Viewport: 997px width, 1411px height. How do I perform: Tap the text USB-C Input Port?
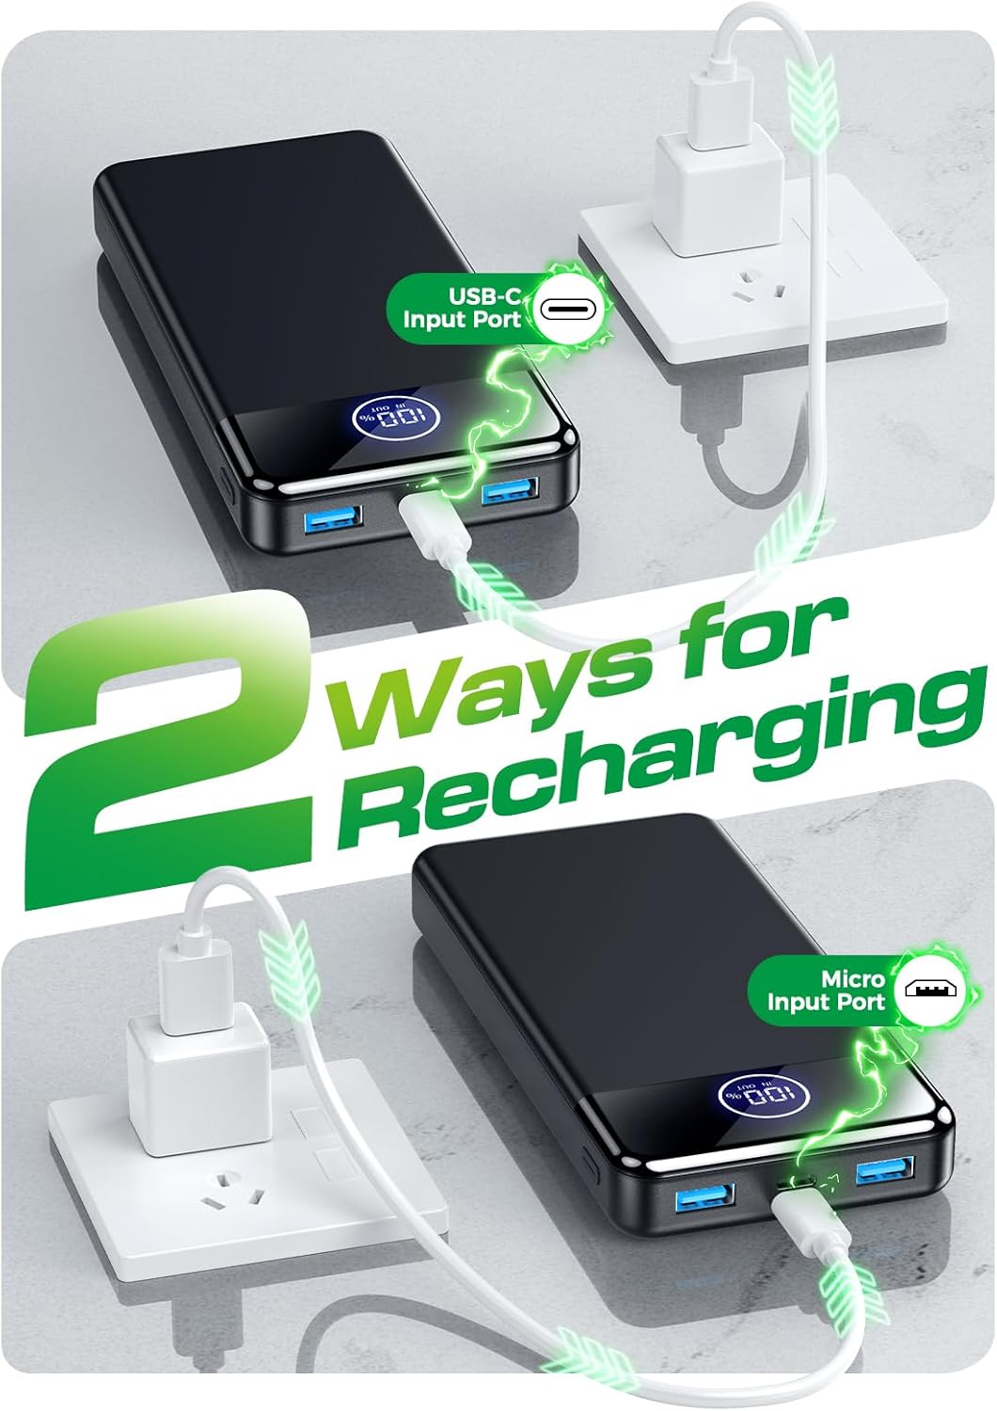click(463, 308)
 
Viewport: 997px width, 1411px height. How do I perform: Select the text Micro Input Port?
click(826, 991)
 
